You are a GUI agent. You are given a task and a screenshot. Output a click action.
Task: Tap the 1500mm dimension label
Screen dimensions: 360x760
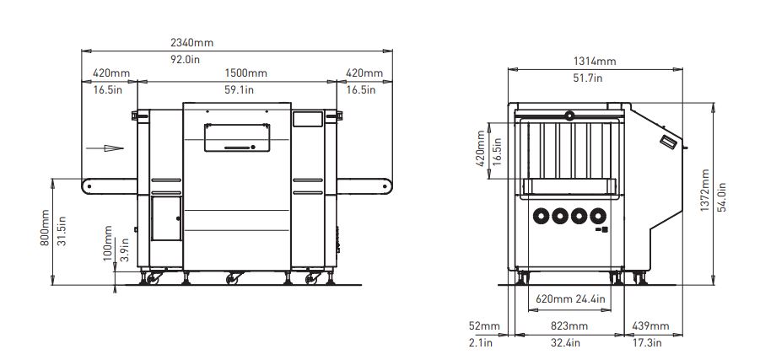[x=245, y=73]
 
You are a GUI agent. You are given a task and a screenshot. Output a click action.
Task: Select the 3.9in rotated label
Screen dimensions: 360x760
[x=123, y=252]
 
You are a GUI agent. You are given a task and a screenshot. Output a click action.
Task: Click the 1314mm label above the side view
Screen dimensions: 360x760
[x=596, y=62]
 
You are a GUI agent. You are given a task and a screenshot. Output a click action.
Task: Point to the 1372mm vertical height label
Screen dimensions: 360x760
[x=704, y=192]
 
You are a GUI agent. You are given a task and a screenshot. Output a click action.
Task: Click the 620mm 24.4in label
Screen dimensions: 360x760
[x=571, y=298]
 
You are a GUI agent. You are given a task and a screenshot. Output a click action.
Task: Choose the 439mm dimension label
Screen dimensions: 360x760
[x=650, y=326]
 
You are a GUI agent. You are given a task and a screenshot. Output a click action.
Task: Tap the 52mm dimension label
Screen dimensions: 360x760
[x=487, y=326]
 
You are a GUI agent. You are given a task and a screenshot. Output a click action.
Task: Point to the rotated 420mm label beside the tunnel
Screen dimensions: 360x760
[x=482, y=148]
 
